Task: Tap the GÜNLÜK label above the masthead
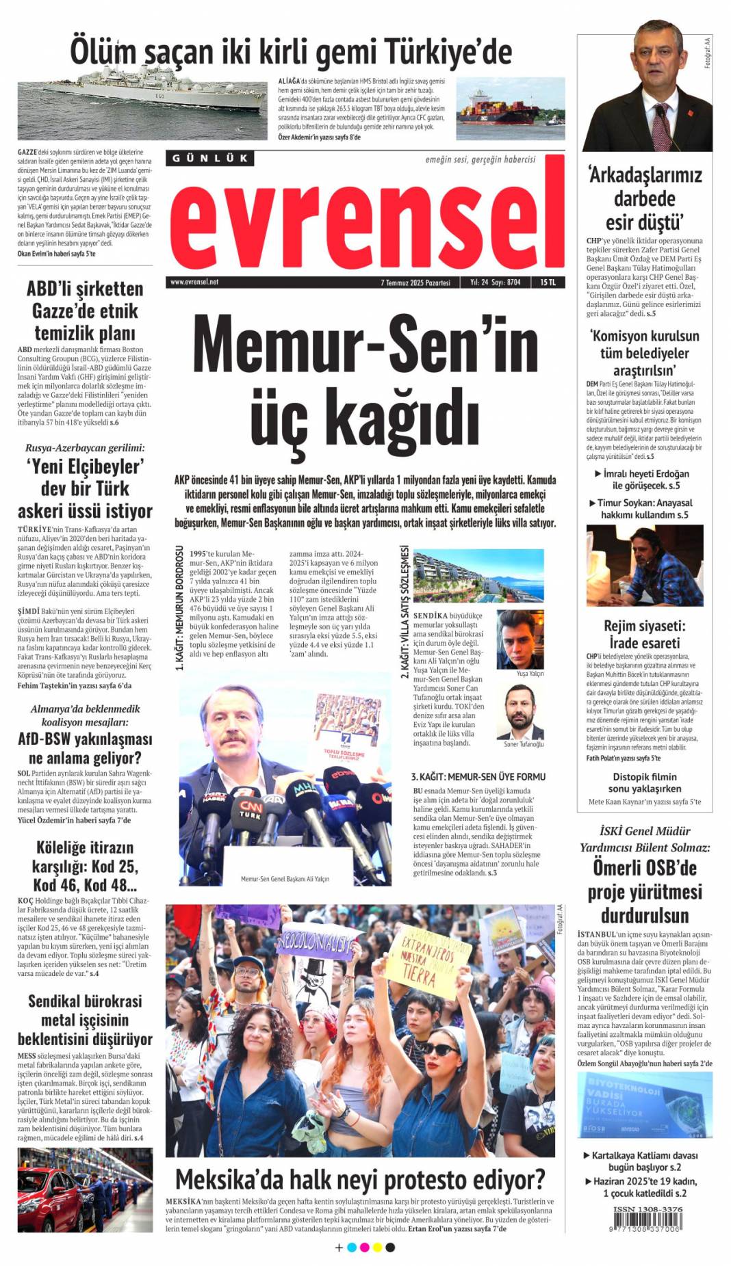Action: tap(209, 158)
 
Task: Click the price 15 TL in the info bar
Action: tap(548, 282)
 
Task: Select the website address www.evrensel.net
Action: tap(194, 282)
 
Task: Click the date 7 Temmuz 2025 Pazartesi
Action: tap(415, 282)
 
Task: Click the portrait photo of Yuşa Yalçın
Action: tap(519, 639)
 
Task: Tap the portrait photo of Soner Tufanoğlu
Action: tap(524, 712)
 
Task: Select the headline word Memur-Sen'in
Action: tap(365, 345)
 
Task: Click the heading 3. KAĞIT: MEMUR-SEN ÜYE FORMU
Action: tap(478, 776)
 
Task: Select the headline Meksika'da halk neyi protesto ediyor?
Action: tap(360, 1180)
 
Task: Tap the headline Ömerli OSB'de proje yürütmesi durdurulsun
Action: tap(644, 891)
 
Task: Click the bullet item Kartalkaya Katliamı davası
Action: tap(644, 1155)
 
